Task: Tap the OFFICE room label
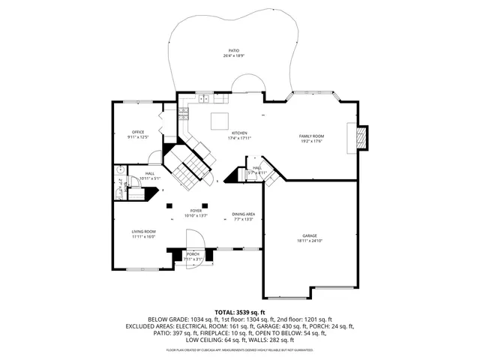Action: coord(138,132)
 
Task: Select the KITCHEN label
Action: coord(238,133)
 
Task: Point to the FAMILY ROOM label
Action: coord(311,136)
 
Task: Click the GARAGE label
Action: coord(310,235)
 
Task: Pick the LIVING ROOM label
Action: coord(144,232)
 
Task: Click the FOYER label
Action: coord(196,211)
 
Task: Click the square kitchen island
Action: coord(219,121)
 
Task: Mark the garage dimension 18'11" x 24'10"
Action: coord(310,241)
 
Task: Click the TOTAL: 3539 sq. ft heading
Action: coord(240,311)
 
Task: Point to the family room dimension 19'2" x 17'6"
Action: coord(311,141)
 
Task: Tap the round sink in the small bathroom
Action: coord(119,172)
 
